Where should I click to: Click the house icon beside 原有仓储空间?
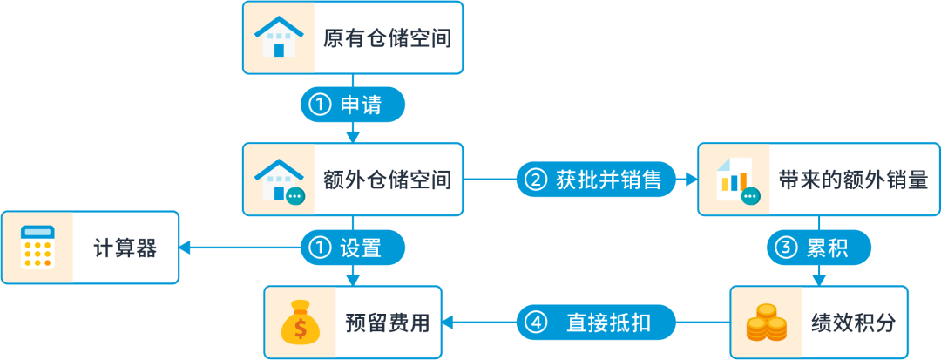(x=278, y=37)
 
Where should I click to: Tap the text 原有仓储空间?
(x=387, y=38)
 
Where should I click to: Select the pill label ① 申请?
(x=353, y=105)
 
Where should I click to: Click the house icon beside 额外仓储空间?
(x=279, y=180)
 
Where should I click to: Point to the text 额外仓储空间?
(x=387, y=180)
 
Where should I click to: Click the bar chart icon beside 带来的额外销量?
(x=734, y=180)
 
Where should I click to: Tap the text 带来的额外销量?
(x=853, y=180)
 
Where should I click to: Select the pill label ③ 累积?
(x=818, y=248)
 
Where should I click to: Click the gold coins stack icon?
(x=766, y=323)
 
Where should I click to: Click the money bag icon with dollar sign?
(x=300, y=323)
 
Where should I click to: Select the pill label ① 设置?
(x=353, y=248)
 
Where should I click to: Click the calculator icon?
(x=37, y=248)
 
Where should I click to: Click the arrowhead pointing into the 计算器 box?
(x=186, y=248)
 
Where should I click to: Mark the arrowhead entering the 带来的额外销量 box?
(x=693, y=180)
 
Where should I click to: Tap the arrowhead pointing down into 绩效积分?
(x=818, y=279)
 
